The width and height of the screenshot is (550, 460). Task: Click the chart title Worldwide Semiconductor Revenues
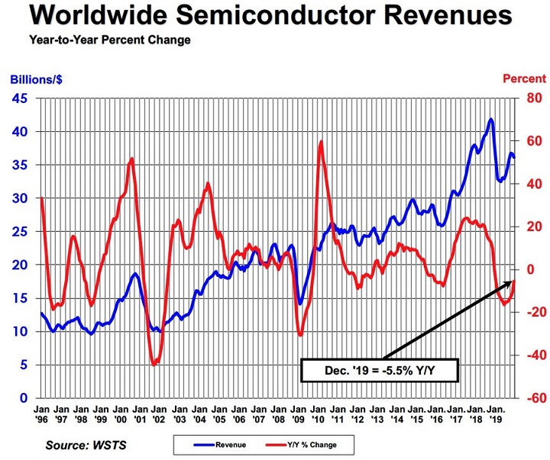269,17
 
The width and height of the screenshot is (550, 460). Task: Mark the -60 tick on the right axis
531,398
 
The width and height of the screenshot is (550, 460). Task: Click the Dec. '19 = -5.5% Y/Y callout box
380,371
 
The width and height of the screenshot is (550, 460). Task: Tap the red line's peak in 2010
321,142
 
